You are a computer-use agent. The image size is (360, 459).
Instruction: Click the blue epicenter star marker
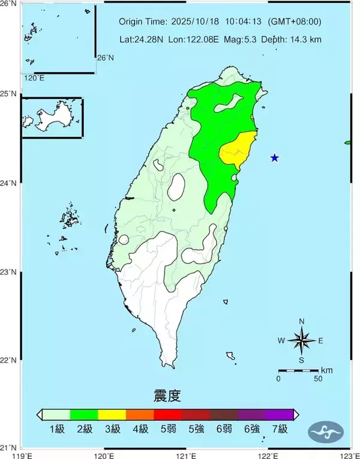tap(274, 158)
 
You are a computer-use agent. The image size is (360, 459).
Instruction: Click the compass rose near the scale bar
tap(301, 341)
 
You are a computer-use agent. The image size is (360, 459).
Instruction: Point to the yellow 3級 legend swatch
tap(112, 414)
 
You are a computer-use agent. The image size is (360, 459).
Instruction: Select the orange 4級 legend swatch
tap(140, 414)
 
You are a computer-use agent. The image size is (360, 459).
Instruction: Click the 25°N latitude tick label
tap(8, 94)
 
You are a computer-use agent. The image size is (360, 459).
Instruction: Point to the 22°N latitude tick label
tap(8, 360)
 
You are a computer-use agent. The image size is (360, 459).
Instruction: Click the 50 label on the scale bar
tap(317, 379)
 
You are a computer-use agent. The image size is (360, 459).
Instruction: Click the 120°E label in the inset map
tap(34, 78)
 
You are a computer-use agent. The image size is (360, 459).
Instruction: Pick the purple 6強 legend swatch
tap(251, 414)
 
